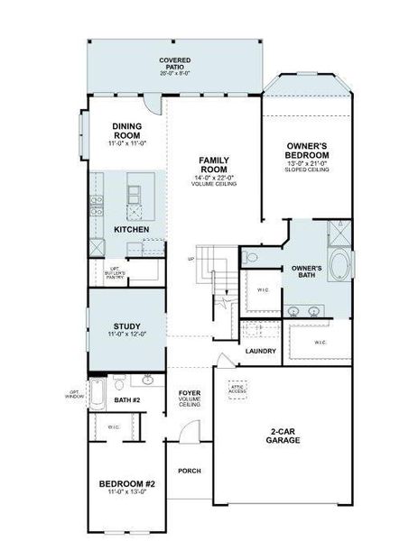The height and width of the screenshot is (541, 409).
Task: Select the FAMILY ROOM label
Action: click(213, 165)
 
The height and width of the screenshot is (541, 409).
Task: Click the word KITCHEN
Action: click(131, 230)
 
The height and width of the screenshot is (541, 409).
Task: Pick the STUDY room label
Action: click(126, 326)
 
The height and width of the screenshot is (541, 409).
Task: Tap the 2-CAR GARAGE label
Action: click(283, 436)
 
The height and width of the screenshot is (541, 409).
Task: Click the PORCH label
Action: click(190, 471)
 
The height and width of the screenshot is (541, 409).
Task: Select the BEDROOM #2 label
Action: click(126, 484)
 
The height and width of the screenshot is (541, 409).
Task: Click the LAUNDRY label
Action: click(261, 351)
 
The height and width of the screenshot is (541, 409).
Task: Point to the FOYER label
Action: click(190, 393)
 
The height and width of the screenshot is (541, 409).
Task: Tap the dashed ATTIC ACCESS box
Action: click(237, 390)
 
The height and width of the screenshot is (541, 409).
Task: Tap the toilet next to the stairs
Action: click(252, 259)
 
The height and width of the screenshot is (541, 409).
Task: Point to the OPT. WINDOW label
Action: click(75, 393)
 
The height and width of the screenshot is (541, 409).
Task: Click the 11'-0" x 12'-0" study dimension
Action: click(126, 335)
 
